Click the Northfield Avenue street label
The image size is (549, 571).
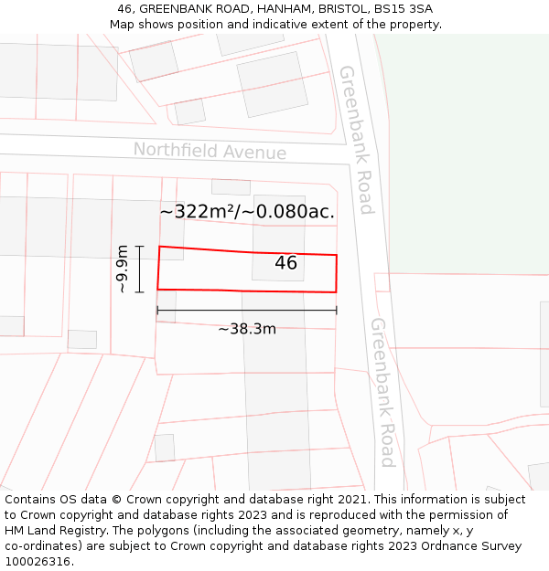[210, 151]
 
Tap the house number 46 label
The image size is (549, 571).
[285, 263]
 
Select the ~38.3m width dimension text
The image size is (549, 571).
[246, 329]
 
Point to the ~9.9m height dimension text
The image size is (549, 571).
[122, 269]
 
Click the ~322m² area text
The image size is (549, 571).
[199, 212]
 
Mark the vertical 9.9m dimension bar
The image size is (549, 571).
[139, 269]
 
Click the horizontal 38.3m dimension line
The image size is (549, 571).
[246, 311]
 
